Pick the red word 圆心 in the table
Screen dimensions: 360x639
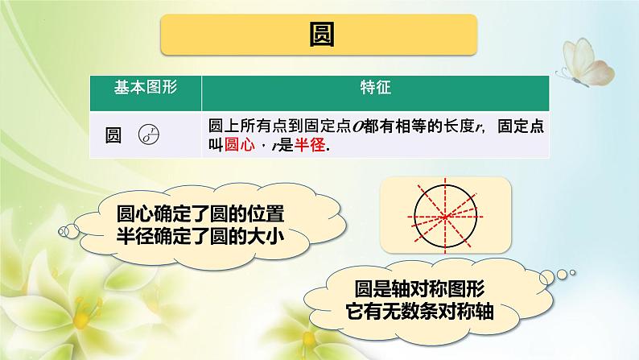click(235, 147)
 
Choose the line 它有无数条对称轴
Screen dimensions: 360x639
click(419, 311)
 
